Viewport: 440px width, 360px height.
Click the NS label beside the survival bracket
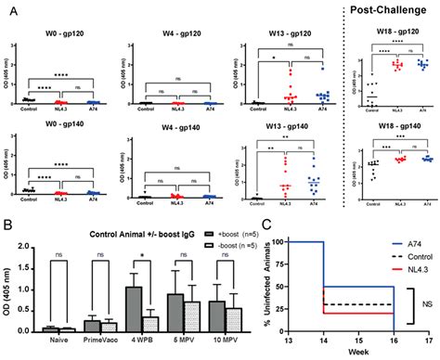pyautogui.click(x=426, y=301)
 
